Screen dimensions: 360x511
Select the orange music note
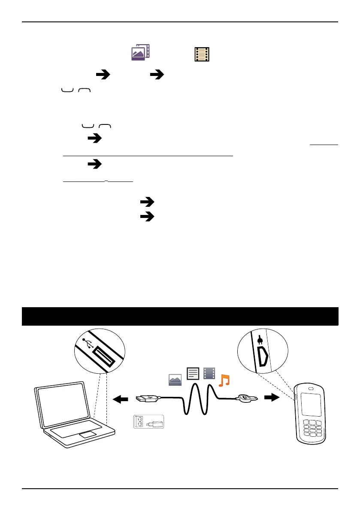pyautogui.click(x=224, y=380)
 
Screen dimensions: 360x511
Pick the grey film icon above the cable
pyautogui.click(x=209, y=374)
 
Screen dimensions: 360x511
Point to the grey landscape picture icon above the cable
pyautogui.click(x=175, y=380)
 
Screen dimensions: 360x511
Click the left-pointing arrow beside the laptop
pyautogui.click(x=121, y=400)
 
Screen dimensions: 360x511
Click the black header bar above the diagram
pyautogui.click(x=180, y=316)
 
